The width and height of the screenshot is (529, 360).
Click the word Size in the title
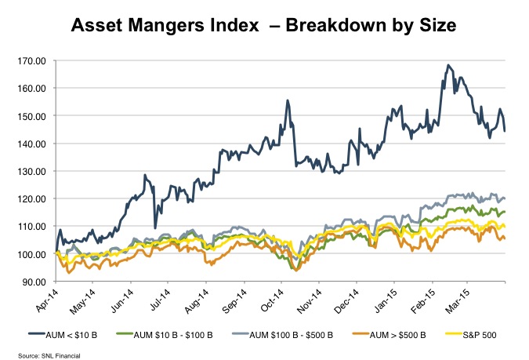(x=432, y=27)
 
